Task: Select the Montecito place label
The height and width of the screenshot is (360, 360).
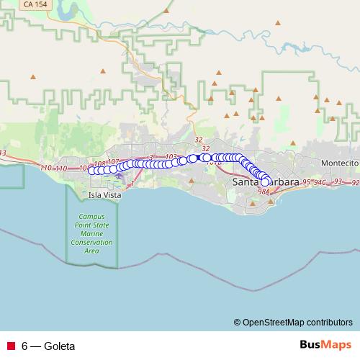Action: click(339, 163)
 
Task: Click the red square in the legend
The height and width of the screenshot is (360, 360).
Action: click(11, 346)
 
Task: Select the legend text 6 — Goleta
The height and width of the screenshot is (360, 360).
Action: click(48, 346)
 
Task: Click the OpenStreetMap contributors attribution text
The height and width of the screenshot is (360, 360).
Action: click(297, 322)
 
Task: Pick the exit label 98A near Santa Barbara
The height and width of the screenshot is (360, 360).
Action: click(264, 192)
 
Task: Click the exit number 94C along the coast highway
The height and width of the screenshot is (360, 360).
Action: click(319, 181)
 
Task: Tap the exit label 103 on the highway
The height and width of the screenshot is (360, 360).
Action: click(171, 156)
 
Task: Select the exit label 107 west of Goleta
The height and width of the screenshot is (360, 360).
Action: click(112, 162)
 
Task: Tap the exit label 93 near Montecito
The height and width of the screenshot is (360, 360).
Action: click(338, 180)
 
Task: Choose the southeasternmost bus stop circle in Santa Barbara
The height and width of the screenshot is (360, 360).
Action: click(265, 183)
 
